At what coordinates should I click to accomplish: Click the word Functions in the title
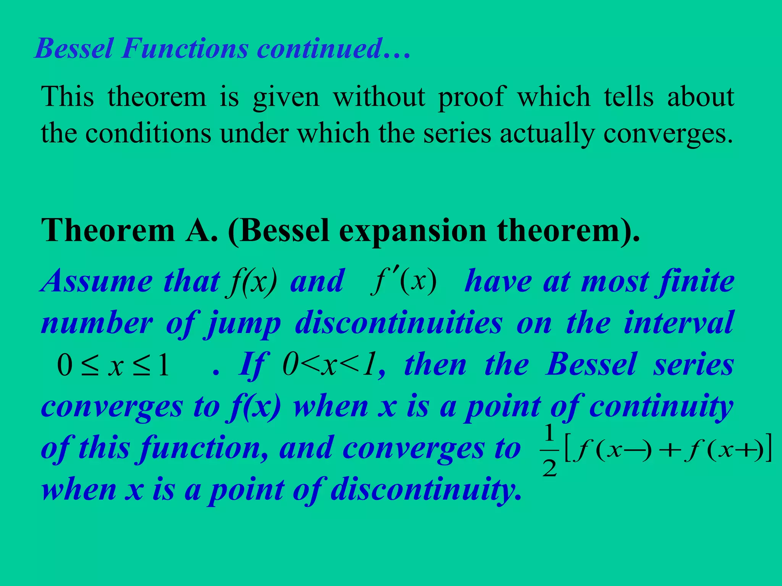click(x=185, y=49)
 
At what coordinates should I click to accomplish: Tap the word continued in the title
click(x=320, y=49)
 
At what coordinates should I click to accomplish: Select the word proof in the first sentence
click(x=472, y=97)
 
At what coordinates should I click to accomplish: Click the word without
click(x=379, y=97)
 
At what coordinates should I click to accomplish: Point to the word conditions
click(x=148, y=134)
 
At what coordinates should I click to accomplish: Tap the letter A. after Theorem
click(x=202, y=231)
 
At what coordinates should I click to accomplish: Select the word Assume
click(x=97, y=282)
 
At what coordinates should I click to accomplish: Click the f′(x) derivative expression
click(x=404, y=282)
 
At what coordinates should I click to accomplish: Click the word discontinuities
click(x=399, y=324)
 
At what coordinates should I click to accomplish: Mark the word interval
click(x=678, y=323)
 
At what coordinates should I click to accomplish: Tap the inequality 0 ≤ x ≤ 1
click(x=113, y=365)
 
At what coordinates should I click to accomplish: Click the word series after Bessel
click(x=693, y=365)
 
